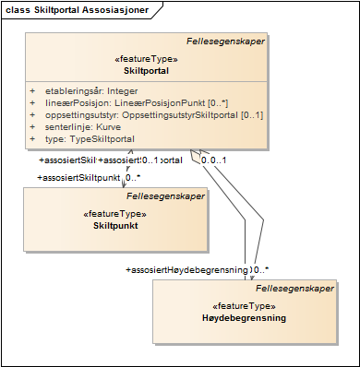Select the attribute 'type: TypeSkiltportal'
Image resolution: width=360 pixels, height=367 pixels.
point(90,138)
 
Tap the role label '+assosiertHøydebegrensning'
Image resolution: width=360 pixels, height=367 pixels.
point(186,269)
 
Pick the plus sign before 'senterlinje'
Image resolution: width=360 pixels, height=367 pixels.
point(32,126)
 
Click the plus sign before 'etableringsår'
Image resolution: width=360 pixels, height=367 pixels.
point(32,92)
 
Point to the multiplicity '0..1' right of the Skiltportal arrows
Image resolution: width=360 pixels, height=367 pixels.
point(215,160)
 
